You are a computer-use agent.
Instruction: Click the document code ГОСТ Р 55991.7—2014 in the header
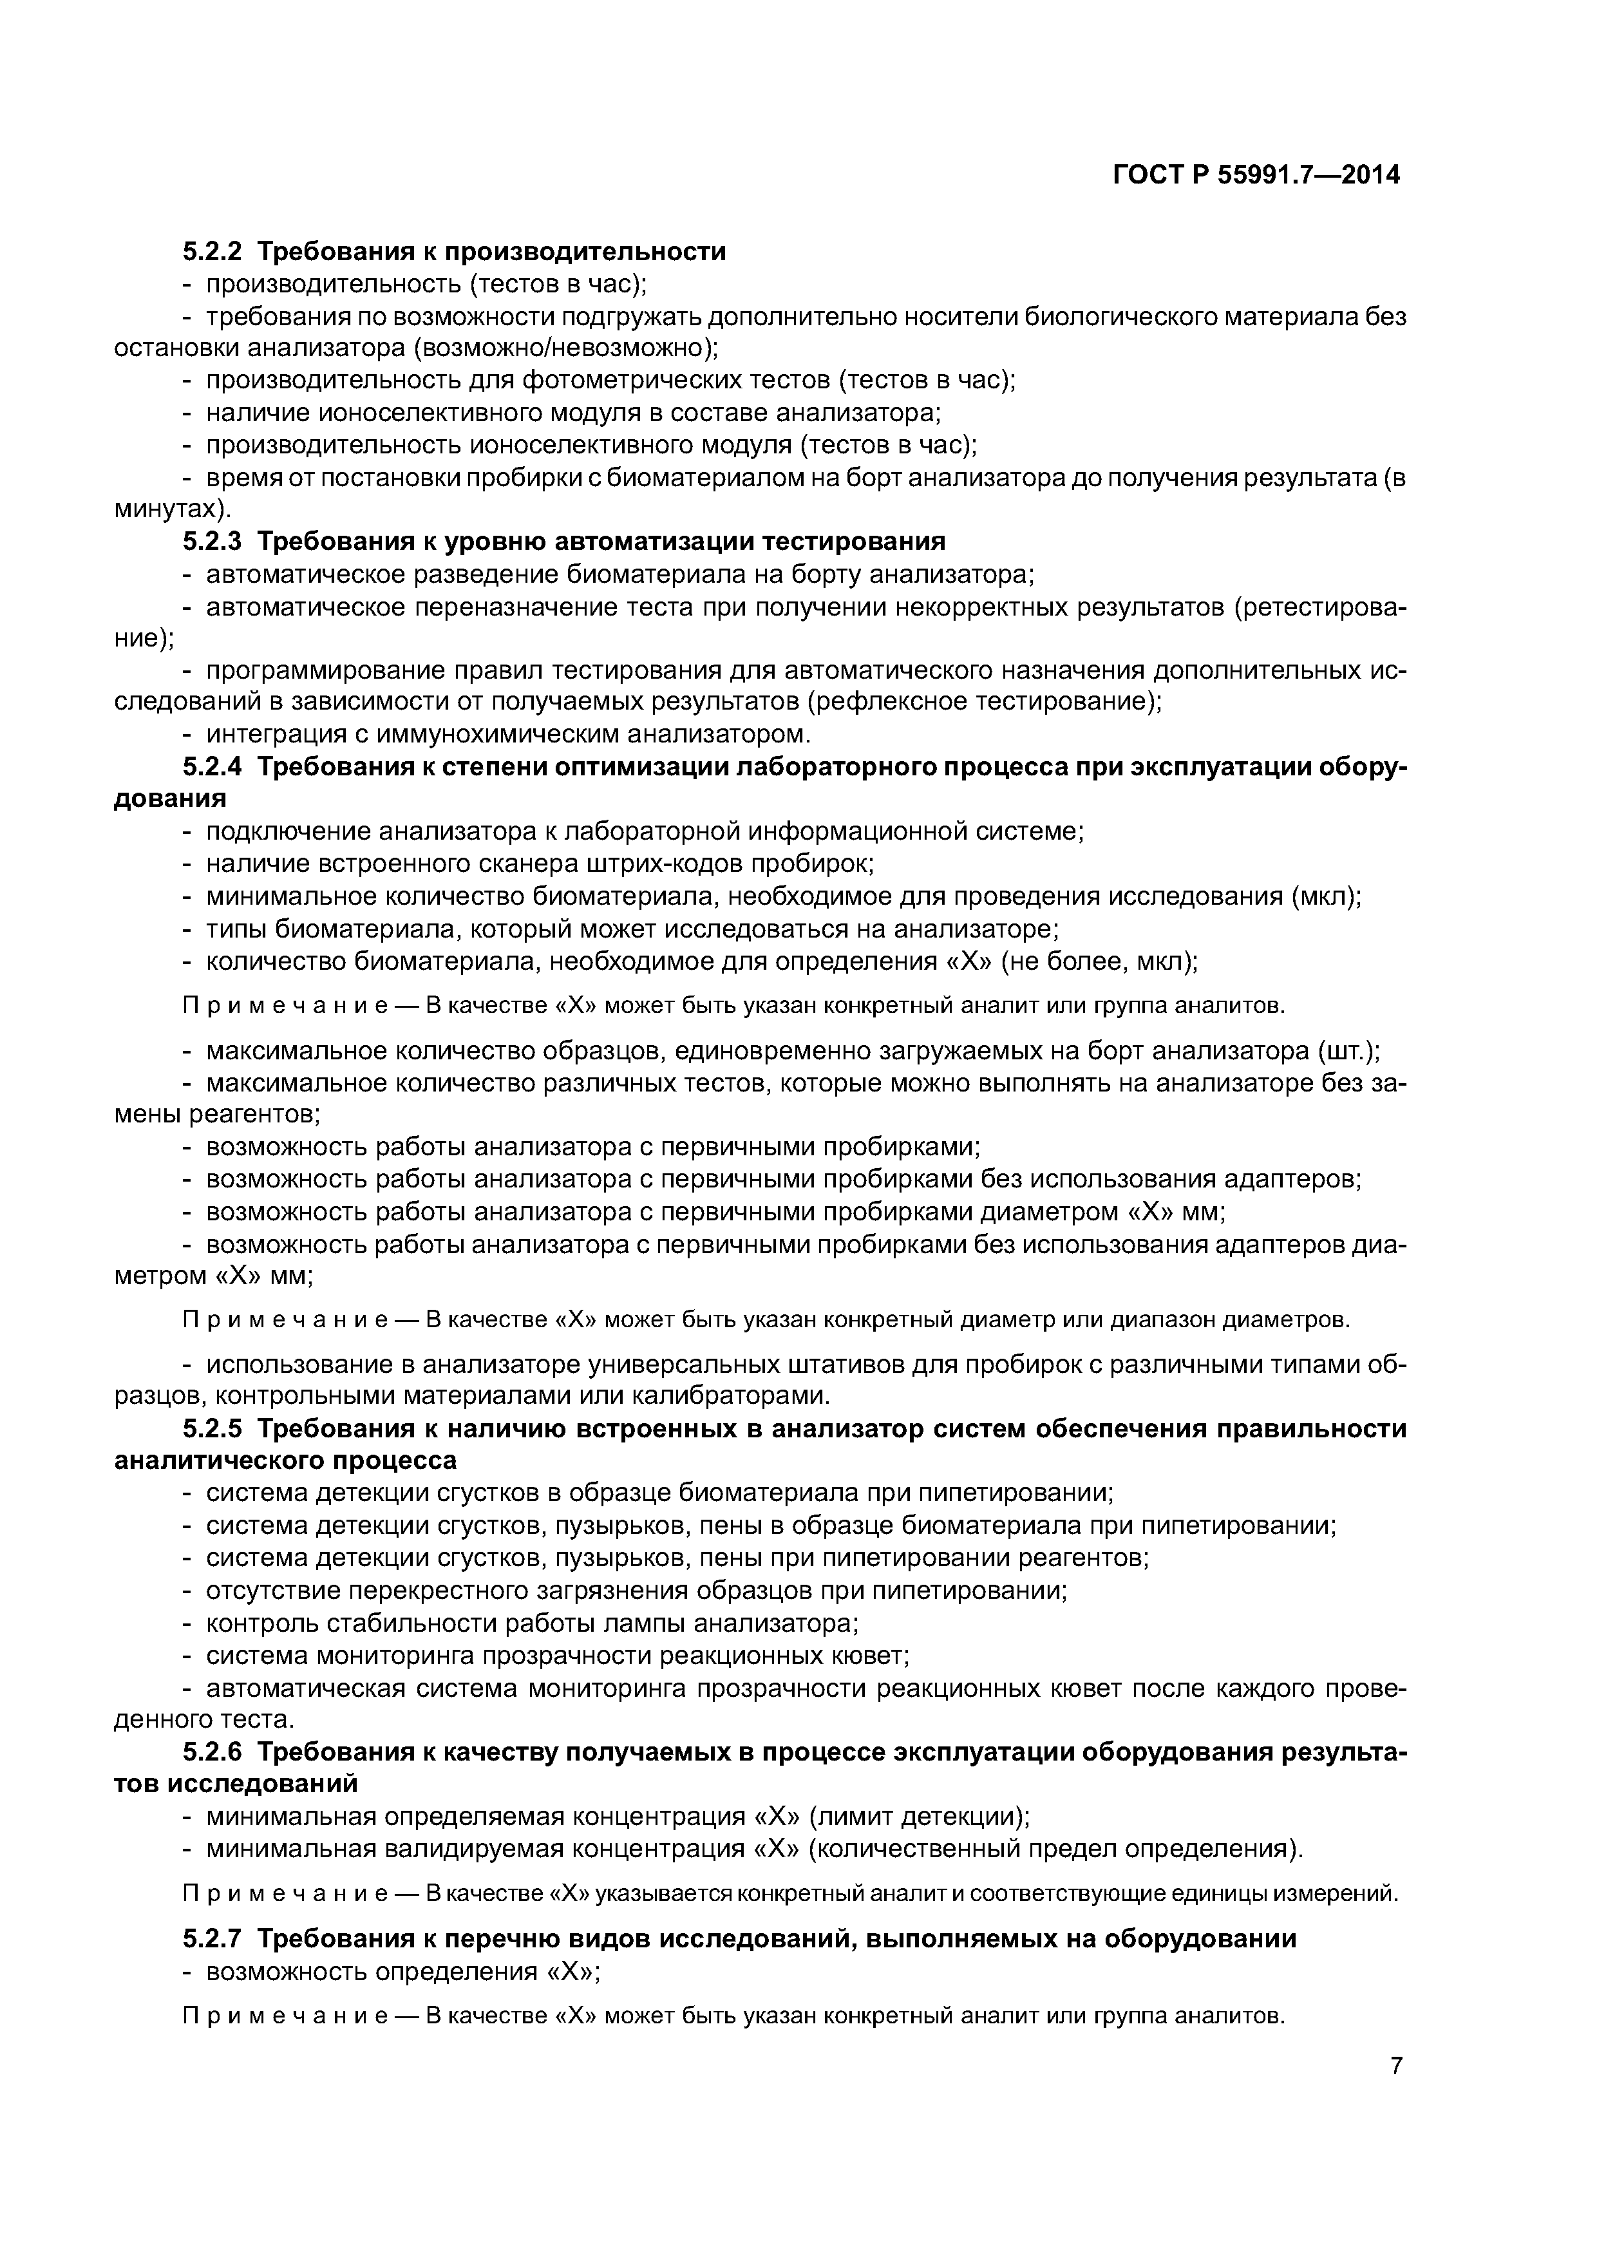pos(1256,176)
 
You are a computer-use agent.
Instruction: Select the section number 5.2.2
pos(212,252)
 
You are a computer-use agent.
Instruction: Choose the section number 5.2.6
pos(212,1752)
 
